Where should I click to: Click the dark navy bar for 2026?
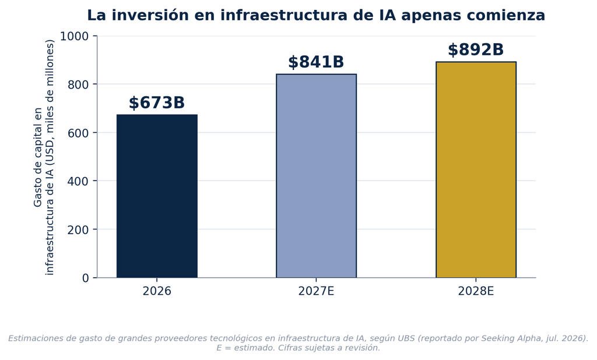tap(157, 196)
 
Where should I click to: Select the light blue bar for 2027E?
tap(317, 176)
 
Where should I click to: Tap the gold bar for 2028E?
tap(476, 170)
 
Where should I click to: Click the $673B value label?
tap(156, 103)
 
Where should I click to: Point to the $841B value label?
tap(316, 62)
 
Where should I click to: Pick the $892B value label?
tap(476, 50)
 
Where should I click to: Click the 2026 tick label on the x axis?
tap(157, 291)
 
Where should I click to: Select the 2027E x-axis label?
tap(316, 291)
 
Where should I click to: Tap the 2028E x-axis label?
tap(476, 291)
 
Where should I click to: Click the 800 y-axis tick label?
tap(78, 84)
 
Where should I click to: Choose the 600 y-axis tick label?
tap(78, 133)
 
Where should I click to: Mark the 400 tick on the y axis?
tap(78, 181)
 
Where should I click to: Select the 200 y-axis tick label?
tap(78, 230)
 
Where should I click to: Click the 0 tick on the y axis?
tap(85, 278)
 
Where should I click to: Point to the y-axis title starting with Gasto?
tap(44, 157)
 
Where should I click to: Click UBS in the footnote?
tap(407, 338)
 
